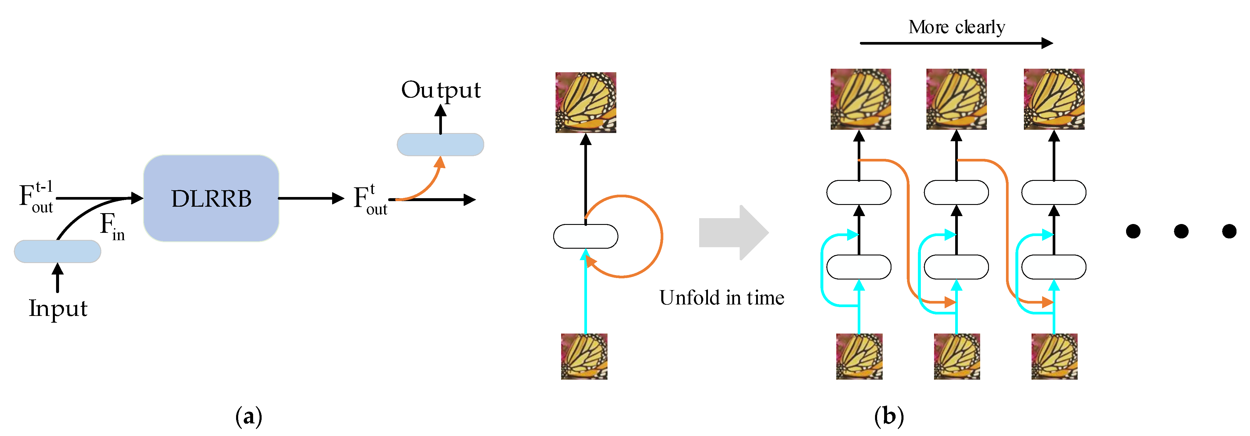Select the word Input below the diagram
pyautogui.click(x=58, y=309)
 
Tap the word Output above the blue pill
pyautogui.click(x=441, y=90)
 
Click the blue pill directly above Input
pyautogui.click(x=58, y=251)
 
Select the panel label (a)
pyautogui.click(x=248, y=416)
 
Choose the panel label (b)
pyautogui.click(x=889, y=416)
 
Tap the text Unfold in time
pyautogui.click(x=721, y=298)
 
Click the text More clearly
pyautogui.click(x=956, y=27)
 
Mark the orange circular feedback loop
pyautogui.click(x=661, y=236)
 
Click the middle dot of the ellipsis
pyautogui.click(x=1181, y=231)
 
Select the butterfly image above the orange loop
pyautogui.click(x=586, y=102)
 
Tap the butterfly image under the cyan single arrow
pyautogui.click(x=584, y=356)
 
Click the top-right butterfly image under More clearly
pyautogui.click(x=1054, y=99)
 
